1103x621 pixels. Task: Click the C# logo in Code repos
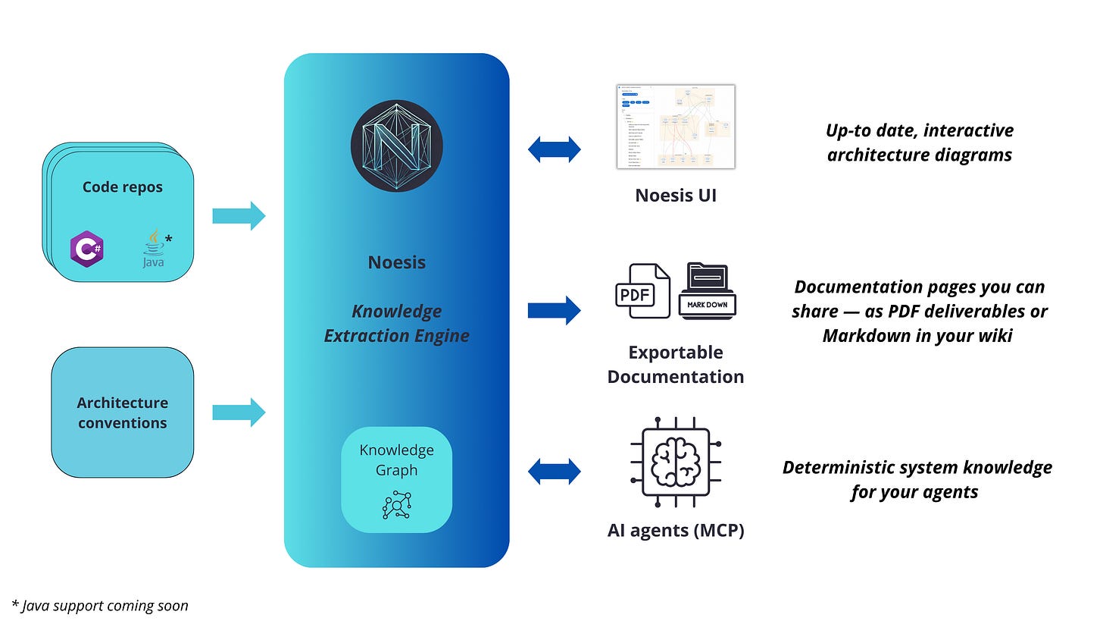point(86,249)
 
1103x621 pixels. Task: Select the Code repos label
point(122,187)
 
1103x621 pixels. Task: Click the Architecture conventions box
point(122,412)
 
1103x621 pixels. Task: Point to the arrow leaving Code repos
point(239,216)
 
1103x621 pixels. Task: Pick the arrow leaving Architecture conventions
point(239,412)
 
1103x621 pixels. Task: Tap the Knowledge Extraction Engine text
point(396,323)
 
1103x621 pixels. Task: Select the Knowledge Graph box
point(396,479)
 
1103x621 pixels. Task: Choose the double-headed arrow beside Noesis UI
point(555,149)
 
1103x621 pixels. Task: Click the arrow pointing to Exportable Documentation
point(555,310)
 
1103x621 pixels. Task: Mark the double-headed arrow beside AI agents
point(555,472)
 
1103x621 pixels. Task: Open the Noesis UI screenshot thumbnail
point(676,127)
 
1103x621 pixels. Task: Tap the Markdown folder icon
point(708,291)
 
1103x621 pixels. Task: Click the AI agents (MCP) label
point(676,531)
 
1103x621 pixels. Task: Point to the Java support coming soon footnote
point(100,605)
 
